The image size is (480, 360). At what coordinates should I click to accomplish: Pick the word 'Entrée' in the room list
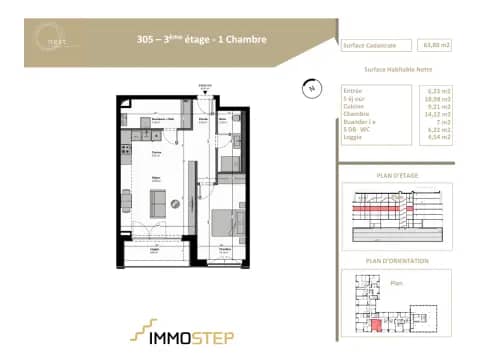(352, 91)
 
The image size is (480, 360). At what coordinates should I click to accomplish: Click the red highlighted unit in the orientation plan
(376, 322)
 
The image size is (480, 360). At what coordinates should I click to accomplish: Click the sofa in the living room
(159, 204)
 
